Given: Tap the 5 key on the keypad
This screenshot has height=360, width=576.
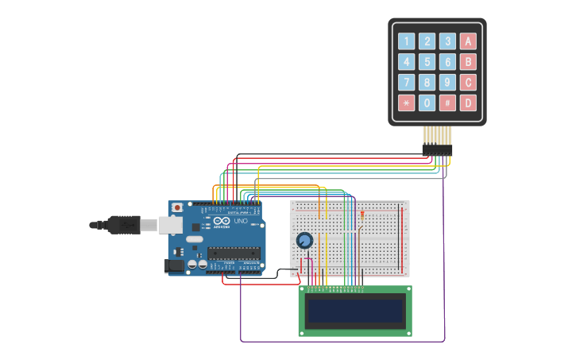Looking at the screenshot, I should pos(427,62).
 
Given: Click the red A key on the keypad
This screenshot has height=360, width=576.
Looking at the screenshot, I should pos(468,41).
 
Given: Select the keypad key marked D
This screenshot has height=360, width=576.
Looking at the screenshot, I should pos(468,103).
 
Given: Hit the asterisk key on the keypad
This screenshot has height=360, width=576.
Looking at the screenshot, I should pos(406,103).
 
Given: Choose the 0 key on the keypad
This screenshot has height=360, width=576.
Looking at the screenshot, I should pos(427,103).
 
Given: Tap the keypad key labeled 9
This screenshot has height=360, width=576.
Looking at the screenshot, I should pos(447,82).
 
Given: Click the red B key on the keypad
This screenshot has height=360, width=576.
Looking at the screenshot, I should pos(468,62).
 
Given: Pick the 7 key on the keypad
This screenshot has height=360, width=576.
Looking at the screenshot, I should pos(406,82).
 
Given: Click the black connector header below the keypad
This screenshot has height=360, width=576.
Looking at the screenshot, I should pos(436,149).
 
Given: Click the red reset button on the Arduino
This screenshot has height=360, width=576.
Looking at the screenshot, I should pos(176,207).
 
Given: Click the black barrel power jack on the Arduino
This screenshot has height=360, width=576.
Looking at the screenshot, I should pos(174,265).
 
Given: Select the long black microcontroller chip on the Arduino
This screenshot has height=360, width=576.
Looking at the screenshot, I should pos(234,254).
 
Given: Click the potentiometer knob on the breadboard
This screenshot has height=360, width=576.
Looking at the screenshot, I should pos(304,240).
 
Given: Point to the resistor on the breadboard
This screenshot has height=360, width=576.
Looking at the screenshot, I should pos(362,215).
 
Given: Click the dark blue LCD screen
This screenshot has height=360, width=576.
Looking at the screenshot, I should pos(354,311).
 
